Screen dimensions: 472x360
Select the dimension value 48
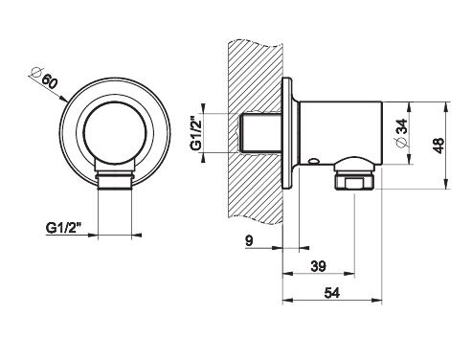pos(439,146)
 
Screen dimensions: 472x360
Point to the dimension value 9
pos(249,240)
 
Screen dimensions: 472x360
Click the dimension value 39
pos(318,266)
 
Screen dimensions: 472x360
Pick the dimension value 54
pos(332,292)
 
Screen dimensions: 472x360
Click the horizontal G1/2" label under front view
pos(64,228)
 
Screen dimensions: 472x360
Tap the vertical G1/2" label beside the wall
pos(196,133)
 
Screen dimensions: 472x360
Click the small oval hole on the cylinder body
pos(314,161)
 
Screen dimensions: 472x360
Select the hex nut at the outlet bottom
pos(354,181)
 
